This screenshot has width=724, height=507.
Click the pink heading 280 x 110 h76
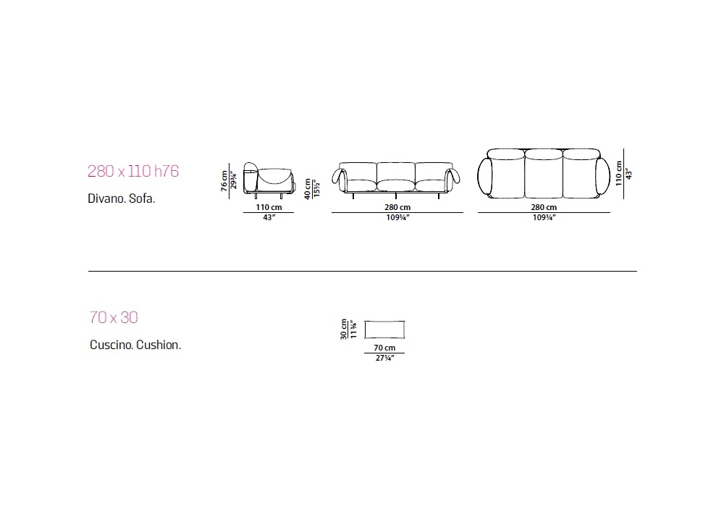click(x=133, y=172)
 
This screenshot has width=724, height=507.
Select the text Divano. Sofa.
click(x=122, y=198)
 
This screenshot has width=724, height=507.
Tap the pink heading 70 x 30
click(x=114, y=318)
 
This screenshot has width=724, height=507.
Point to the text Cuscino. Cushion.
click(x=135, y=345)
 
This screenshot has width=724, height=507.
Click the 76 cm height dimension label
click(x=224, y=180)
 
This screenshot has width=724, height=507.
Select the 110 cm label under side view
click(x=269, y=207)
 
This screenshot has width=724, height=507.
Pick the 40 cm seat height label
click(x=308, y=189)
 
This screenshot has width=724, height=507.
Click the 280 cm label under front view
click(x=397, y=207)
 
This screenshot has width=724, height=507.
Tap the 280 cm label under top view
click(x=544, y=207)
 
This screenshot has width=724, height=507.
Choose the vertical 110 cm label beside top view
click(x=619, y=173)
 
